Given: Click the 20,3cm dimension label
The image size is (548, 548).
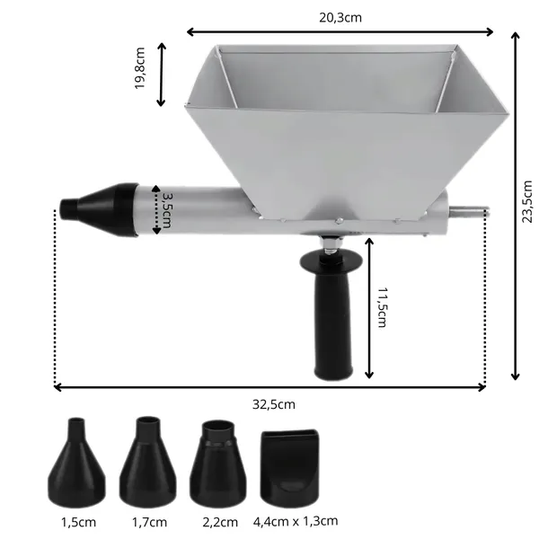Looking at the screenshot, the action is (x=340, y=17).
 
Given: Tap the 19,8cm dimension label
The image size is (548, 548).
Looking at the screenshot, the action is (x=140, y=68).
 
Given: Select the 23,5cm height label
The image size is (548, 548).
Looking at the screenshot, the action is (x=526, y=201).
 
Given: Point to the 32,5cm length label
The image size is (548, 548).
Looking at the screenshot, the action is (x=274, y=404).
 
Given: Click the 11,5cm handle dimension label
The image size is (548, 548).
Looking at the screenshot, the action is (x=383, y=307).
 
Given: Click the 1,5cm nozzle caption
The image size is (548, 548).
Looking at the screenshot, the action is (x=78, y=522).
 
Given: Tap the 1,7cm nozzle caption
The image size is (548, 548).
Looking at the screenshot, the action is (x=149, y=522).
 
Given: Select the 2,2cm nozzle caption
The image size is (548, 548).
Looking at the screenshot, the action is (x=220, y=522).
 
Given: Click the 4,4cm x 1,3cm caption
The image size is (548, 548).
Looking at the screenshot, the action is (x=296, y=521).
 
